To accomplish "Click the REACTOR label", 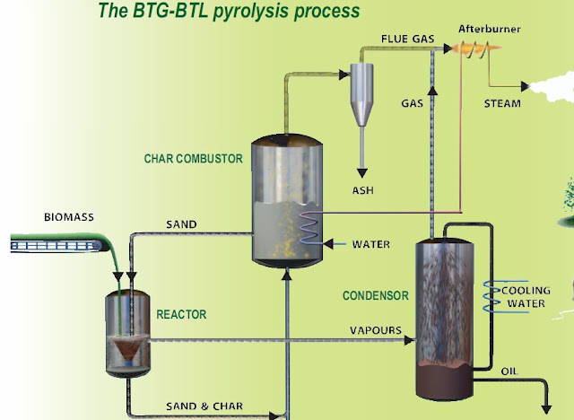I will click(181, 314).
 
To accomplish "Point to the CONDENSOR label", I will click(376, 295).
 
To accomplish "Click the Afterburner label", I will click(490, 29).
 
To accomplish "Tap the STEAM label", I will click(502, 102).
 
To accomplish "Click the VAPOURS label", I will click(375, 330).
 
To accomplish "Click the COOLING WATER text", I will click(524, 297).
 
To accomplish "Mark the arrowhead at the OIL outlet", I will click(545, 409).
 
